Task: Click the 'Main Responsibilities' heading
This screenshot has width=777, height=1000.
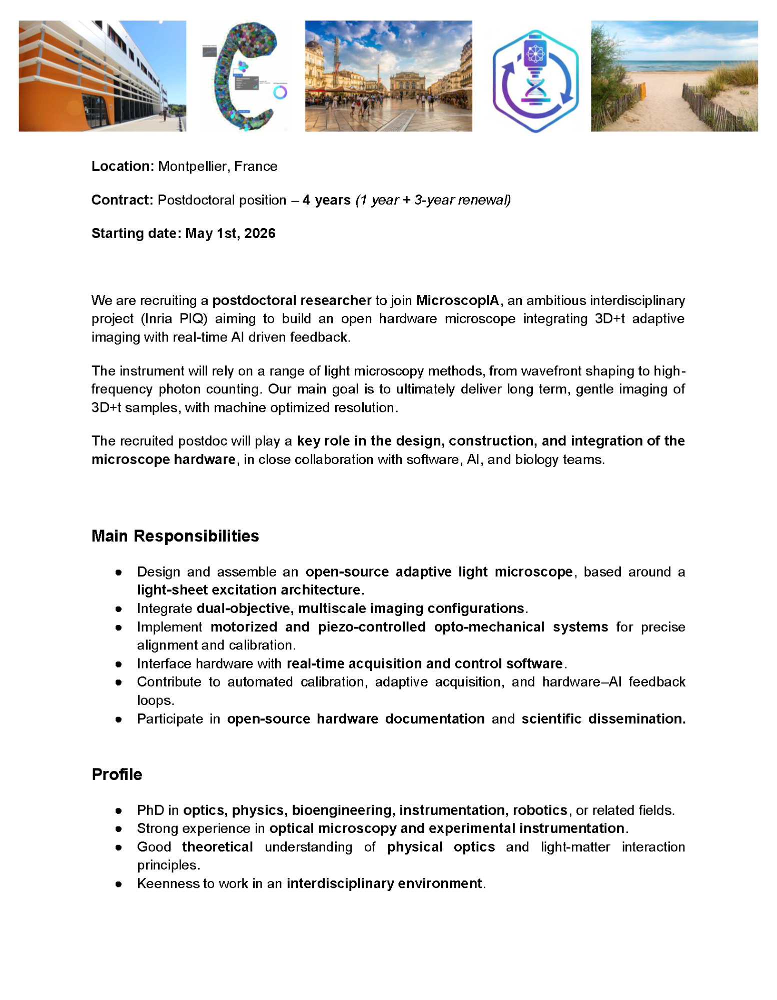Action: tap(175, 536)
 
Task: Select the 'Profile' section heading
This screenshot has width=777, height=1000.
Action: tap(117, 774)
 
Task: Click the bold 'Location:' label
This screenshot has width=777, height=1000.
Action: tap(123, 166)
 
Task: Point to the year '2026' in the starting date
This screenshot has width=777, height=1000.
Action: tap(260, 233)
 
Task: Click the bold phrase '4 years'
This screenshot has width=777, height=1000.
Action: tap(326, 200)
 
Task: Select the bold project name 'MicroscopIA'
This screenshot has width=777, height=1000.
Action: tap(457, 300)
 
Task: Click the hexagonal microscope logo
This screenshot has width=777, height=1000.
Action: tap(535, 80)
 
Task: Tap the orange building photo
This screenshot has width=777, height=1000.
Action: tap(102, 76)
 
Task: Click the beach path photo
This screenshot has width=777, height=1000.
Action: tap(674, 76)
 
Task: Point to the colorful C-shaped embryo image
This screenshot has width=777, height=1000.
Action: tap(245, 76)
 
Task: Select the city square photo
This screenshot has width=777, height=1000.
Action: tap(388, 76)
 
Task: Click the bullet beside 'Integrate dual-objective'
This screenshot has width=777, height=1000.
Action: tap(119, 609)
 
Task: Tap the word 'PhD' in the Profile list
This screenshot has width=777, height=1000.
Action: tap(150, 810)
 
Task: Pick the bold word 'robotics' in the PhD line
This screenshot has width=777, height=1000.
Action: tap(540, 810)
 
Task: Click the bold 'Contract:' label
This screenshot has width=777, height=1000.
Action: tap(122, 200)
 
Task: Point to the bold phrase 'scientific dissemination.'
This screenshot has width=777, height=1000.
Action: tap(603, 719)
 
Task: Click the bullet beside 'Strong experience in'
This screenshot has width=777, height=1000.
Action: tap(119, 828)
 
